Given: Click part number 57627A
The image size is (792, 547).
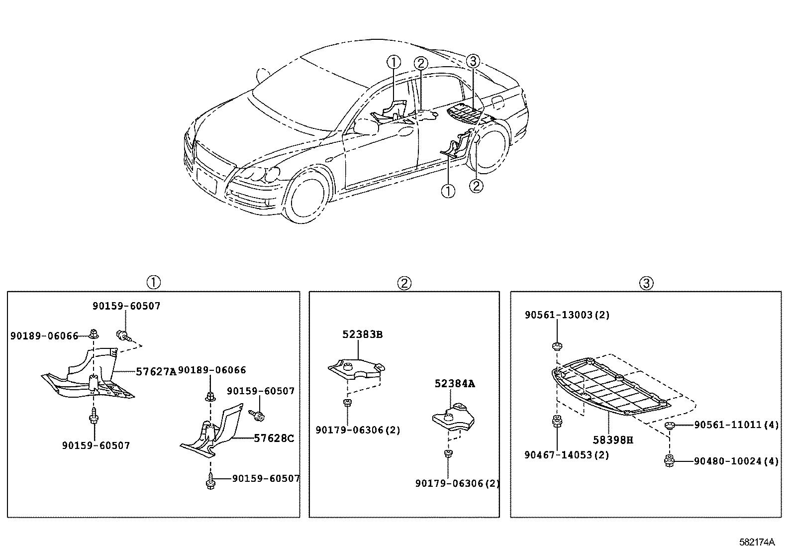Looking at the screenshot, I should [156, 371].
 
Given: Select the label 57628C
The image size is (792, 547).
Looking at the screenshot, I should [274, 438].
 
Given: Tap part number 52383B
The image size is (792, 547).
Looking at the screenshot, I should [362, 334].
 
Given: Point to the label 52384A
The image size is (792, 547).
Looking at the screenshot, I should [455, 384].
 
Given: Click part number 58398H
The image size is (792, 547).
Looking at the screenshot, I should [613, 440].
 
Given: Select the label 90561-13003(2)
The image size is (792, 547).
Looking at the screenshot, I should [567, 315].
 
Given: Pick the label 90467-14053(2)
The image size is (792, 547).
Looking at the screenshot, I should [566, 455].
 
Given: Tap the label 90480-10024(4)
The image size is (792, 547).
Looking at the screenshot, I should [736, 461].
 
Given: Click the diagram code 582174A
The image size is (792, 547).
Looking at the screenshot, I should [757, 541].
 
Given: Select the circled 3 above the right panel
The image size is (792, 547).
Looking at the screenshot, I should [646, 283].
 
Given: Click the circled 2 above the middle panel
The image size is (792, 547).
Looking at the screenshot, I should [404, 283].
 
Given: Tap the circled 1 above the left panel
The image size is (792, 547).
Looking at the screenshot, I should [154, 282].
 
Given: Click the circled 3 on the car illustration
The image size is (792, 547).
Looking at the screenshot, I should [472, 62].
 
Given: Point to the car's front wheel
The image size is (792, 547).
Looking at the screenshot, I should [309, 199].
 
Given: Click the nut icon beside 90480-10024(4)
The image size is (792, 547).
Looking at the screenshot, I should [670, 461].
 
